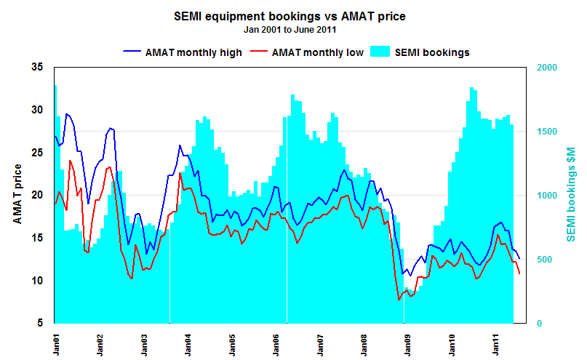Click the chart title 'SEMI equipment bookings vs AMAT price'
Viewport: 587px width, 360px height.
click(293, 17)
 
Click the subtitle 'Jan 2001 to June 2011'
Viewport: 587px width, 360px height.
click(293, 31)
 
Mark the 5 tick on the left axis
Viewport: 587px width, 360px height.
click(39, 324)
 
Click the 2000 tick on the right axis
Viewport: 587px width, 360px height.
click(547, 68)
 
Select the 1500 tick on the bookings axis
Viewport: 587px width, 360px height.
click(547, 132)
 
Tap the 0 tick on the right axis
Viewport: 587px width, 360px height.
click(539, 324)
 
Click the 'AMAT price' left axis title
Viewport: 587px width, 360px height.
click(17, 194)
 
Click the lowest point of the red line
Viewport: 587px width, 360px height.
click(399, 300)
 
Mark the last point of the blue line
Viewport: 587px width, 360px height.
click(519, 259)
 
